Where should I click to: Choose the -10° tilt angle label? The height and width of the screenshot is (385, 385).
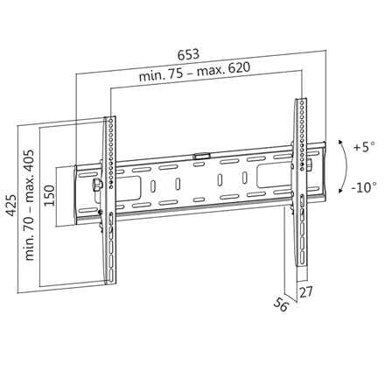click(362, 186)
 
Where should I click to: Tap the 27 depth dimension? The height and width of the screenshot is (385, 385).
click(305, 291)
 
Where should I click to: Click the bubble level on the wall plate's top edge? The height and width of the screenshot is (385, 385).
click(201, 157)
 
